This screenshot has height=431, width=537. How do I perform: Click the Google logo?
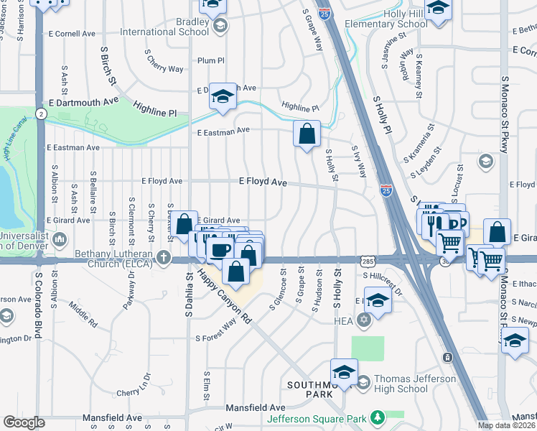point(24,422)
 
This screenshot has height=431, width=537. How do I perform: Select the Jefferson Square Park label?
point(316,418)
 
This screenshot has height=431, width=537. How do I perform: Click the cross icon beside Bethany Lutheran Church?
point(164,257)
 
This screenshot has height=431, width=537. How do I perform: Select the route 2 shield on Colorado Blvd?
point(42,114)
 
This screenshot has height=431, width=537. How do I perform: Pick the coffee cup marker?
point(220,249)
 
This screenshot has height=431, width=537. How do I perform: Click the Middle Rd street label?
point(83,313)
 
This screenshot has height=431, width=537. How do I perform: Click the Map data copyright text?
point(505,425)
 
